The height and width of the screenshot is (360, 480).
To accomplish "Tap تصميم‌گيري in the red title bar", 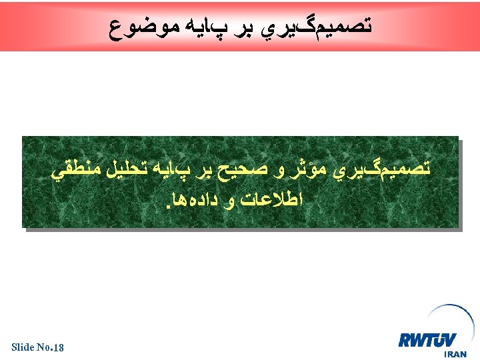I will click(323, 27).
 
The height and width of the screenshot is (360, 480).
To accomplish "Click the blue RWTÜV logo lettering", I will click(427, 340).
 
